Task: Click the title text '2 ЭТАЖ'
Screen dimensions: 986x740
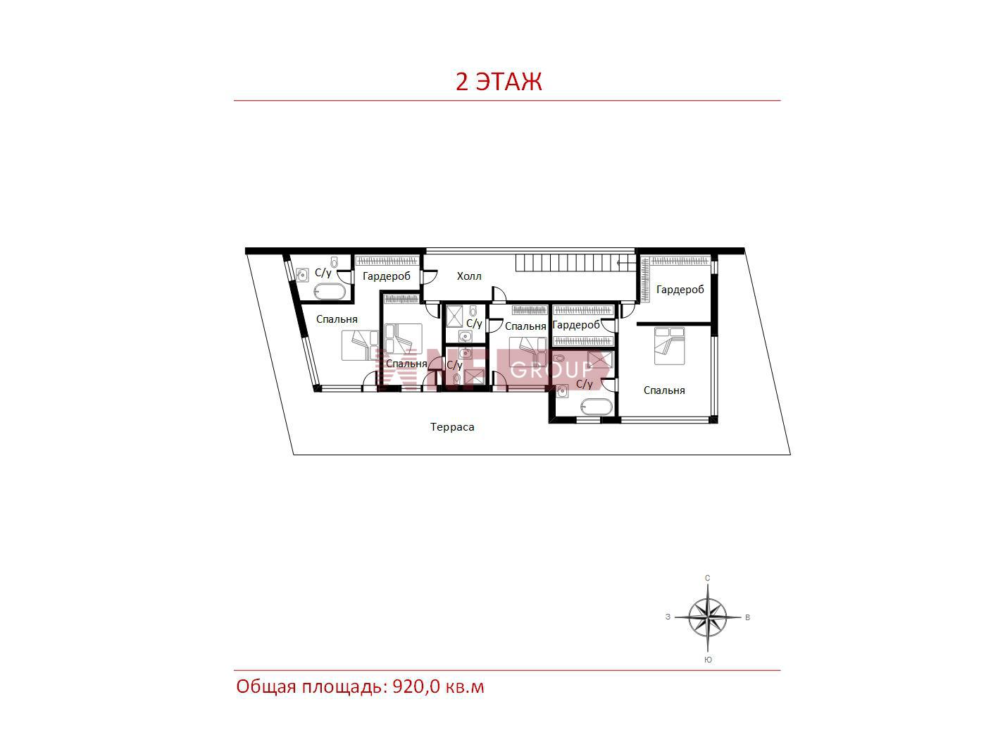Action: (x=499, y=82)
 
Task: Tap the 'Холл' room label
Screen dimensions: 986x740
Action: (x=469, y=276)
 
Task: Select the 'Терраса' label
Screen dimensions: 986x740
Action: (x=452, y=427)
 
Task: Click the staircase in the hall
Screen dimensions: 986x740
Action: (x=575, y=263)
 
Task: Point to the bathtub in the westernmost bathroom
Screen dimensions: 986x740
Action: (x=330, y=291)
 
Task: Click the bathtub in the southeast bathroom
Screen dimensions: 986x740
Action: (x=596, y=407)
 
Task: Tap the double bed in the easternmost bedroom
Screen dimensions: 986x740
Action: (x=669, y=345)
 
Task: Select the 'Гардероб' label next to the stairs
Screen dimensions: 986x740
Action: (x=680, y=290)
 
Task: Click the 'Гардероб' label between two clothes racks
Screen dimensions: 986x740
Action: (x=576, y=324)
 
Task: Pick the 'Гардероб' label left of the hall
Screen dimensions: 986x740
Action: (x=387, y=276)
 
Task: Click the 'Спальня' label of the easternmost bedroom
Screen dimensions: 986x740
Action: (x=664, y=390)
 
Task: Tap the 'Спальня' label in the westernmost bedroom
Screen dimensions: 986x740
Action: (x=337, y=319)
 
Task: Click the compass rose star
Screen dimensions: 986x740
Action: (x=708, y=617)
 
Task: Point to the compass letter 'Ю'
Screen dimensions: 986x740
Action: (x=708, y=660)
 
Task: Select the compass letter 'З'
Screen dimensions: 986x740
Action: (x=668, y=617)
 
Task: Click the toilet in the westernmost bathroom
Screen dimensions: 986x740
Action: (x=334, y=262)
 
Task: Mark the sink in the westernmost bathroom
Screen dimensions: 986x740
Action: (x=302, y=275)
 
